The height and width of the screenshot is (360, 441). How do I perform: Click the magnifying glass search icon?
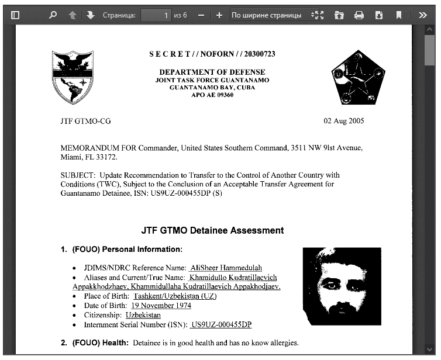[x=53, y=15]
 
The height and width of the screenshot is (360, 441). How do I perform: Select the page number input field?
[x=156, y=15]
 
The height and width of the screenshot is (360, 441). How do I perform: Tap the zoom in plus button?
[x=219, y=15]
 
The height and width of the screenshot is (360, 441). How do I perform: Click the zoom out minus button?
[x=201, y=15]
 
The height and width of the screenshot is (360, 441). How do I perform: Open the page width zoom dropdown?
[x=270, y=15]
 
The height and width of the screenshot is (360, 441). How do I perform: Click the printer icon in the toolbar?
[x=359, y=15]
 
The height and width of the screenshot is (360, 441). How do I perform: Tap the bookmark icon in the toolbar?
[x=398, y=15]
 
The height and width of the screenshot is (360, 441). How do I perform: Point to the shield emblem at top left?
[x=73, y=77]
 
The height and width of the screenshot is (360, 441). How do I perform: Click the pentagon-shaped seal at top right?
[x=358, y=77]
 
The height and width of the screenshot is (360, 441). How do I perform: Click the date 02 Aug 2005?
[x=344, y=121]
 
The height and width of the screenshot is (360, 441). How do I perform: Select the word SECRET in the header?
[x=170, y=54]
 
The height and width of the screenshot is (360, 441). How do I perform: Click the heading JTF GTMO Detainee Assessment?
[x=212, y=230]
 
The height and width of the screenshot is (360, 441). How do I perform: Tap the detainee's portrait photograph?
[x=342, y=286]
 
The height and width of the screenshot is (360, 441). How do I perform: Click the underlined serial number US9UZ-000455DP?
[x=221, y=324]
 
